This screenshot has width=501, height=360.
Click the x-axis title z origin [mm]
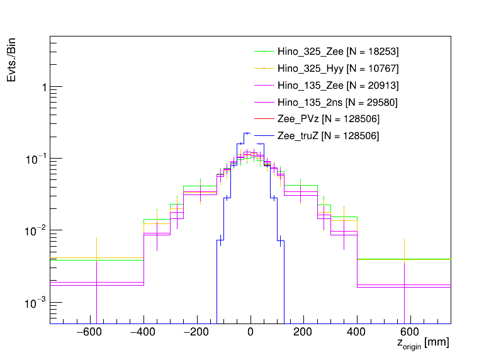point(422,344)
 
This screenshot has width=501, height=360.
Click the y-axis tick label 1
point(43,87)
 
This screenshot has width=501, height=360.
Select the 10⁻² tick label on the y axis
point(37,231)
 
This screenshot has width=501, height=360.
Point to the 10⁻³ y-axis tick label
point(37,303)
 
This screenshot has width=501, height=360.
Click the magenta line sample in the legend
point(264,102)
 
